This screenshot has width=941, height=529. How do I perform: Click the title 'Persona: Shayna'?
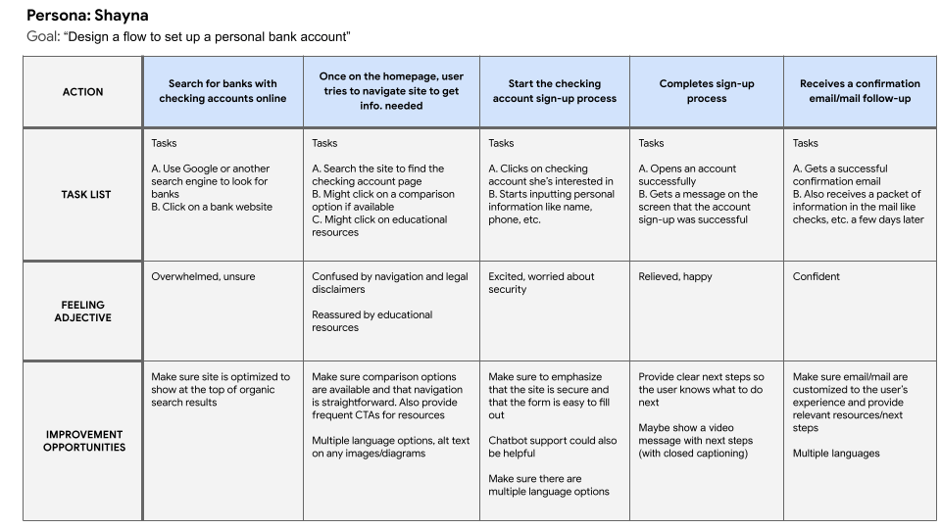coord(87,16)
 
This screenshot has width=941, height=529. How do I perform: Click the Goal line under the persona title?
coord(188,37)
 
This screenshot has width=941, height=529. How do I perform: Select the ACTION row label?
coord(82,92)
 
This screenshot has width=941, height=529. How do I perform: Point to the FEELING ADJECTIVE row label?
coord(82,312)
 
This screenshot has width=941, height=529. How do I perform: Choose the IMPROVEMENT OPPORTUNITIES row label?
coord(82,441)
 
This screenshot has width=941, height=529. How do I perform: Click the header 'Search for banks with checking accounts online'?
coord(223,91)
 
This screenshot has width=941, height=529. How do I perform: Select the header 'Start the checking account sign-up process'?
coord(554,91)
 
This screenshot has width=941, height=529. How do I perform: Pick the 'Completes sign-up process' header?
coord(706,91)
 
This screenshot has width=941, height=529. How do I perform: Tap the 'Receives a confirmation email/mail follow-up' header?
coord(860,91)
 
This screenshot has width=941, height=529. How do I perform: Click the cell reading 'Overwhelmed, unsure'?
coord(203,277)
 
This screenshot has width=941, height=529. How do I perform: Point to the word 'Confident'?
coord(816,277)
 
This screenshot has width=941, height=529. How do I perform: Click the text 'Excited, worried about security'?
coord(541,283)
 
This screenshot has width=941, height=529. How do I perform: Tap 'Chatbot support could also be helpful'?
coord(552,448)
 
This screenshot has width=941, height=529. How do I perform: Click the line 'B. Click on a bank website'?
coord(211,208)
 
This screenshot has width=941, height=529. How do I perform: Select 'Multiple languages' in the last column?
coord(836,454)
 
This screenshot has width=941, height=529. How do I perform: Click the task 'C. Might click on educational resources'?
coord(378,226)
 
